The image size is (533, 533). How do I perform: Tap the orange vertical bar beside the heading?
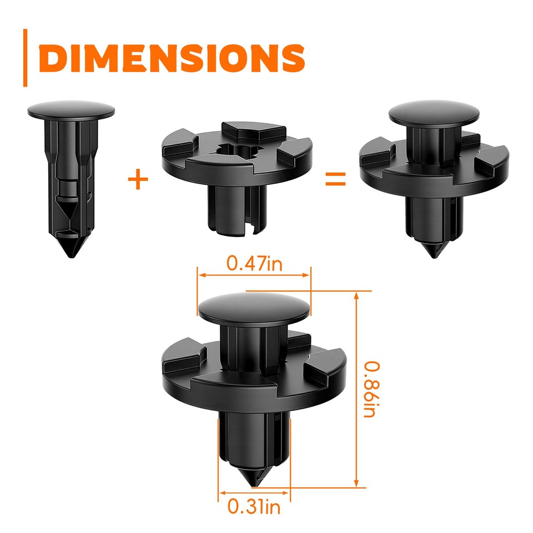point(25,58)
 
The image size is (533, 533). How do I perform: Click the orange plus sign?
point(138,180)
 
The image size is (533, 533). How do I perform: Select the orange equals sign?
point(336,179)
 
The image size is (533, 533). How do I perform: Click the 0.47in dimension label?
point(254,263)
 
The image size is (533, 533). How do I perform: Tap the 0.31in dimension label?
point(254,506)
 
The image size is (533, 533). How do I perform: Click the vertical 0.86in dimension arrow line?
point(356,389)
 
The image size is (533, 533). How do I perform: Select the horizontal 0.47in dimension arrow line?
point(254,275)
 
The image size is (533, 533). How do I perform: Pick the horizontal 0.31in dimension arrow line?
point(254,492)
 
